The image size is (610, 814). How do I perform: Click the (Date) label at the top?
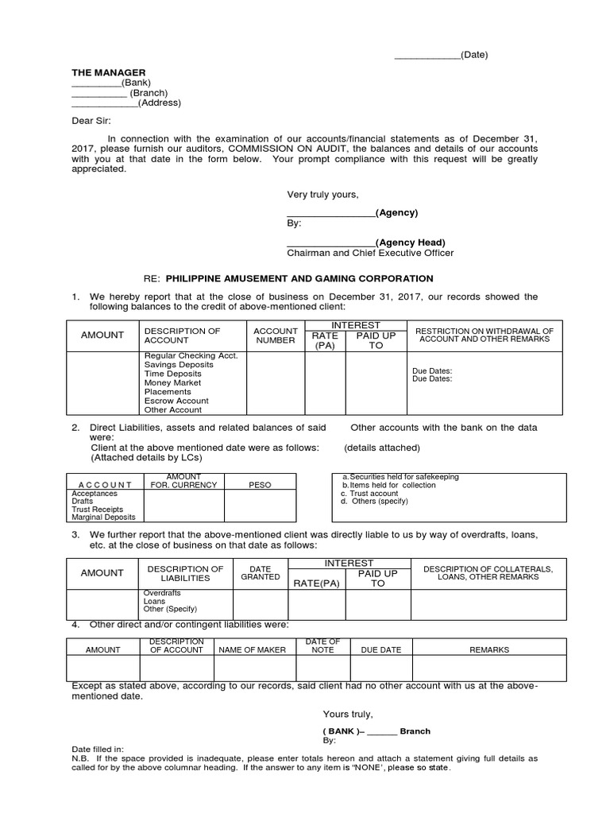pyautogui.click(x=475, y=55)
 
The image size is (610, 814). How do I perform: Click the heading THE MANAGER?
pyautogui.click(x=109, y=72)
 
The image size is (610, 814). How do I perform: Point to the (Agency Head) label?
pyautogui.click(x=411, y=242)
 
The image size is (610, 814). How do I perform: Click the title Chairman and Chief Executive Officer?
pyautogui.click(x=370, y=253)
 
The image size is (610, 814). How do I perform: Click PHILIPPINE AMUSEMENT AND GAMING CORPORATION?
pyautogui.click(x=299, y=278)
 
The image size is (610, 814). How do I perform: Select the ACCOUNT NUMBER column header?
pyautogui.click(x=275, y=335)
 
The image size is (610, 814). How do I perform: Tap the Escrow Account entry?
pyautogui.click(x=176, y=401)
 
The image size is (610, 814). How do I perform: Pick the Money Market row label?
pyautogui.click(x=173, y=382)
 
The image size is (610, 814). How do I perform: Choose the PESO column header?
pyautogui.click(x=260, y=484)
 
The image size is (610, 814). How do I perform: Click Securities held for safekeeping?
pyautogui.click(x=400, y=477)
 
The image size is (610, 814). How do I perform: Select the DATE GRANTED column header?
pyautogui.click(x=261, y=572)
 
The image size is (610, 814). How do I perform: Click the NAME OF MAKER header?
pyautogui.click(x=252, y=649)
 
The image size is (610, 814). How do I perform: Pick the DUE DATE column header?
pyautogui.click(x=381, y=649)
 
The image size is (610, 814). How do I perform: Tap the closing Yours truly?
pyautogui.click(x=347, y=713)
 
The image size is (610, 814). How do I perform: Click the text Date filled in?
pyautogui.click(x=98, y=749)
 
